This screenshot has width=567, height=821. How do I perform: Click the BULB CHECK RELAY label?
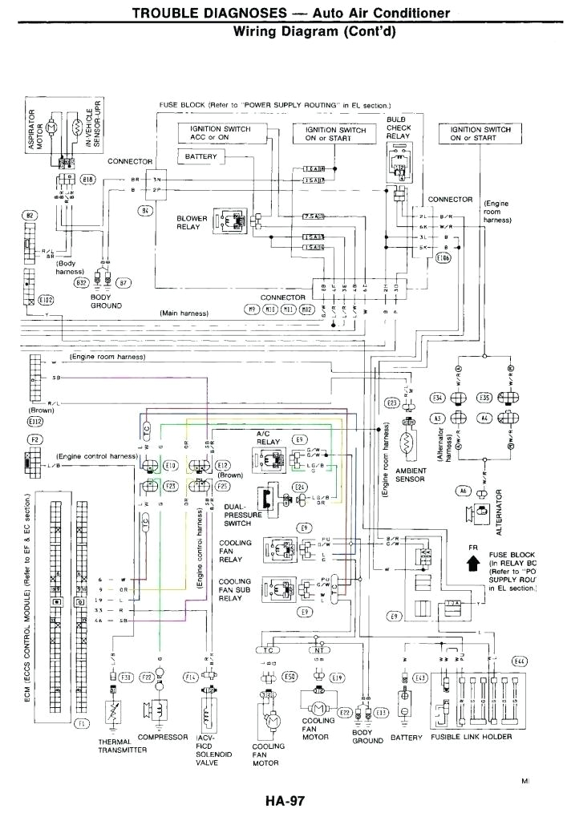point(398,127)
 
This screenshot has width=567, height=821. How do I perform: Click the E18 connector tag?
point(88,179)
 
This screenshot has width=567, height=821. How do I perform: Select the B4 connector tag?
point(146,210)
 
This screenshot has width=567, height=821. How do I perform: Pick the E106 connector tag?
point(443,258)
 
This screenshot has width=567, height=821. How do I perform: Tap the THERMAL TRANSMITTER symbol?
point(113,712)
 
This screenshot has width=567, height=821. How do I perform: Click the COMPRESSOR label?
point(162,736)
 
